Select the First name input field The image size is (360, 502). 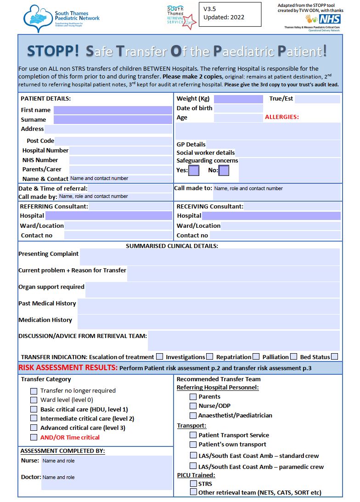(112, 110)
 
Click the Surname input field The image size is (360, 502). (112, 120)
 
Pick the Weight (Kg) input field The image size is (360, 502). (238, 99)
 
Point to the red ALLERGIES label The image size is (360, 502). (281, 117)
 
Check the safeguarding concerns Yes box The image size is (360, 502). (194, 170)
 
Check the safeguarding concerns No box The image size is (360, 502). (224, 170)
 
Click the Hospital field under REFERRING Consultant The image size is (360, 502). (108, 216)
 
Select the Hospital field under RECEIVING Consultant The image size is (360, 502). (271, 216)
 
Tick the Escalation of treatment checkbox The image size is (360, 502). (159, 356)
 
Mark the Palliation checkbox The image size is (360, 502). (294, 356)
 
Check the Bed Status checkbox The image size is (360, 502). (334, 356)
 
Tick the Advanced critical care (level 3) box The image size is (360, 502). (34, 428)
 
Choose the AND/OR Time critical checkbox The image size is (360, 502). (34, 437)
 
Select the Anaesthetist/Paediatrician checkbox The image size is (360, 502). (193, 415)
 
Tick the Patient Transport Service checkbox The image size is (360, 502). (193, 435)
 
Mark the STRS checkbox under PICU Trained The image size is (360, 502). (193, 484)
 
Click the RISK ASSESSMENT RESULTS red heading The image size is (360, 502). (68, 368)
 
